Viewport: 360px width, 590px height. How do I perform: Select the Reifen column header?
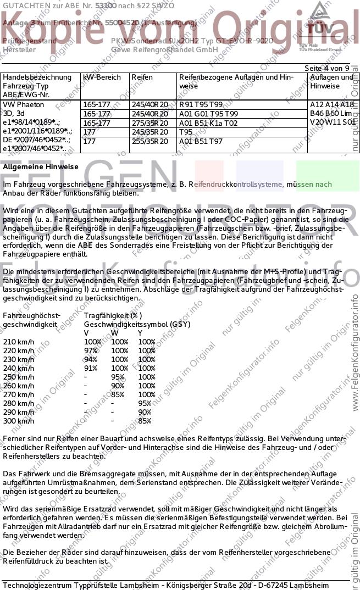point(142,77)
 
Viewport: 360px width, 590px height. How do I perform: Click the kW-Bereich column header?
point(102,77)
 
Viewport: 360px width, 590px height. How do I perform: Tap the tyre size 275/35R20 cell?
point(149,123)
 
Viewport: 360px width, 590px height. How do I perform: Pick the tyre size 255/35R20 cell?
point(149,141)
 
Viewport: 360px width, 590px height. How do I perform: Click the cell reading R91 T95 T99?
point(201,104)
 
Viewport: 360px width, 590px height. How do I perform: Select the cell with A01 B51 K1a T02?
point(208,123)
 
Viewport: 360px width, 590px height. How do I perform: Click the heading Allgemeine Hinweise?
point(41,166)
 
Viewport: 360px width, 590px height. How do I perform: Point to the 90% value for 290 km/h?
point(145,412)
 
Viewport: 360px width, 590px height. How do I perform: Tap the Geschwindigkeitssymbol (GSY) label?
point(137,324)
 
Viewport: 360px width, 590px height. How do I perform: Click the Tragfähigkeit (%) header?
point(113,315)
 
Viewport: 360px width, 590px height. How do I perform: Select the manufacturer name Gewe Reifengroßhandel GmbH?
point(164,49)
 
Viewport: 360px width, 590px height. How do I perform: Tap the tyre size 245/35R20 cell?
point(149,132)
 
